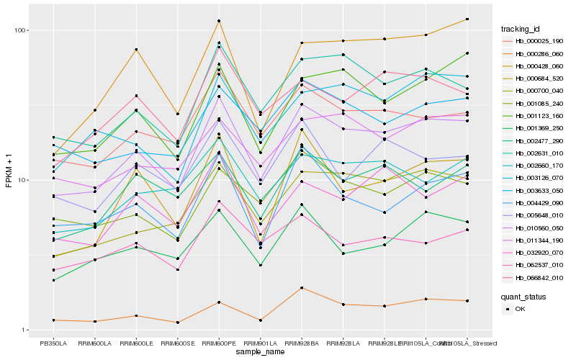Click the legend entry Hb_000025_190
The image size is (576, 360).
[x=539, y=41]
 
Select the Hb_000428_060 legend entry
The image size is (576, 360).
[x=539, y=66]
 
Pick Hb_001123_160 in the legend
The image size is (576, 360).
[x=539, y=115]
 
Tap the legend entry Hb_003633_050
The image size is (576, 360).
[x=539, y=190]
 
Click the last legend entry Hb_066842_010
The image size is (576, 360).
[x=539, y=277]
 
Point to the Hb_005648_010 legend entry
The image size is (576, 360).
[x=539, y=215]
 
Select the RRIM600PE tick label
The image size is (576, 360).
[x=219, y=343]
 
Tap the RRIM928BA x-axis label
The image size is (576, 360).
[x=302, y=343]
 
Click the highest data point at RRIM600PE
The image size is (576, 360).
[x=219, y=21]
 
